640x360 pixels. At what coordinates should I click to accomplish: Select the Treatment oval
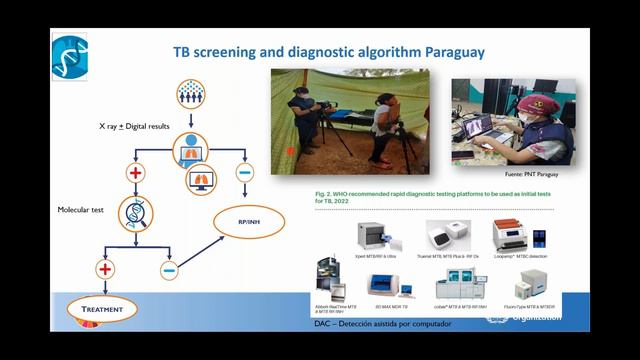(x=103, y=310)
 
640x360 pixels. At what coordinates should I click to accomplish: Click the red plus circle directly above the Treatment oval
(x=103, y=268)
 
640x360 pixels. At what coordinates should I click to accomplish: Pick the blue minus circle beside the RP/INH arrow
(x=169, y=268)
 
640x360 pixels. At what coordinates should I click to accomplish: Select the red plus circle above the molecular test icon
(x=136, y=174)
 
